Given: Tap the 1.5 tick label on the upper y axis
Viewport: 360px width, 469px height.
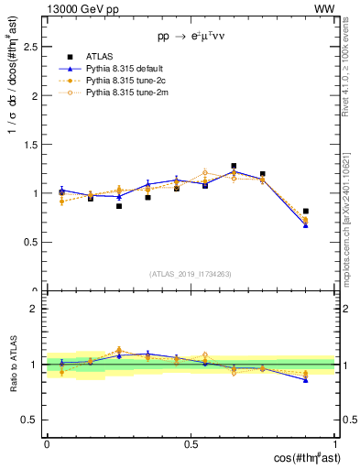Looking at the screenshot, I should (29, 144).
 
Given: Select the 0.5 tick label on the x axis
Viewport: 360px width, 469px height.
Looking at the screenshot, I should (191, 442).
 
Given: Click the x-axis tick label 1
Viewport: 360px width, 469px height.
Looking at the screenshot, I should (335, 442).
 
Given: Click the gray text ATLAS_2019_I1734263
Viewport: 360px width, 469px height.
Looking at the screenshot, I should (191, 274).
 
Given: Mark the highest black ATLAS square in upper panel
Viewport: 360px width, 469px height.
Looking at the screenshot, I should (234, 166).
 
